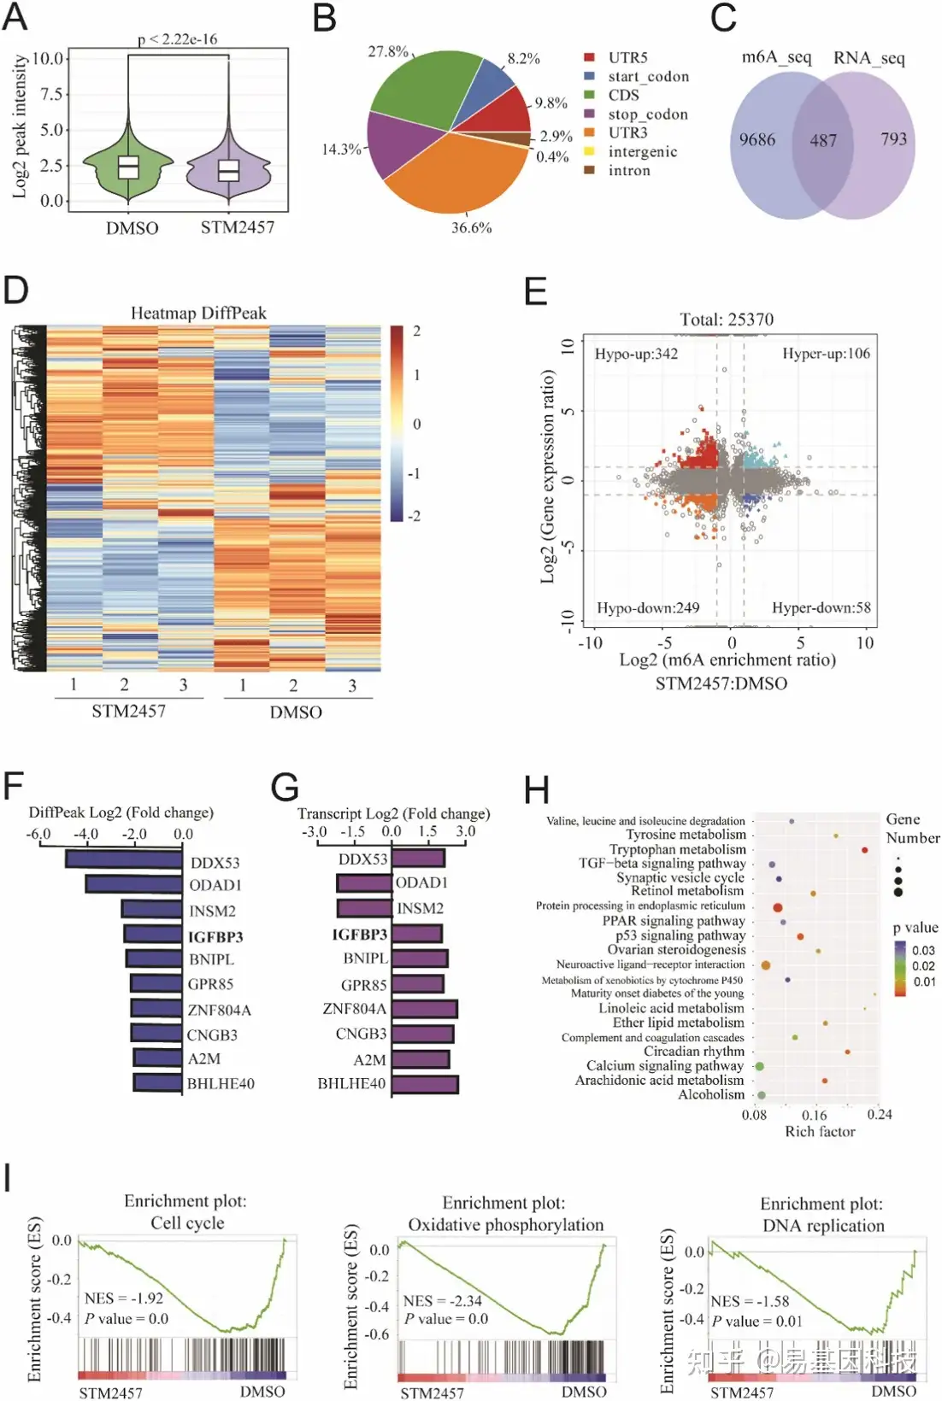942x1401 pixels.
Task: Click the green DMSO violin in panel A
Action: [128, 167]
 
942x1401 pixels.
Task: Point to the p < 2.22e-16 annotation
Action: [178, 39]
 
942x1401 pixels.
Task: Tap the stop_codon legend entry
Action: [647, 114]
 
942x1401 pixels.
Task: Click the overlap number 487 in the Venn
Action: [823, 140]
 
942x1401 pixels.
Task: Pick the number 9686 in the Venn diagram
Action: [757, 139]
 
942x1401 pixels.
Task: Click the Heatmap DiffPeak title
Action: [198, 314]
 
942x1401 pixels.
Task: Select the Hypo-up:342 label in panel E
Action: [636, 354]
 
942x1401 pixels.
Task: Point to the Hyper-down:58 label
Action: [821, 607]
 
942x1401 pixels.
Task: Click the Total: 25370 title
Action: [727, 319]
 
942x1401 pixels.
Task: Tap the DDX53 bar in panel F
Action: [124, 859]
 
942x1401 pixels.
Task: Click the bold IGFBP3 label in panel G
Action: [360, 935]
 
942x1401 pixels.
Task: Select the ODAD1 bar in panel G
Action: [364, 882]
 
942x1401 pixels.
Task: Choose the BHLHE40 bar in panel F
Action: [158, 1082]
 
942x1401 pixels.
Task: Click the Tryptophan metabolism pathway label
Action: [677, 849]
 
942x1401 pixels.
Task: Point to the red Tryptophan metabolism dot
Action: [865, 850]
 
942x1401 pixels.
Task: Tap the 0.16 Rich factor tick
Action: [815, 1115]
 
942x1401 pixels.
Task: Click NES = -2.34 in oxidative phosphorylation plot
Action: [442, 1301]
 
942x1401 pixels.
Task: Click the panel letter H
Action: [536, 790]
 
